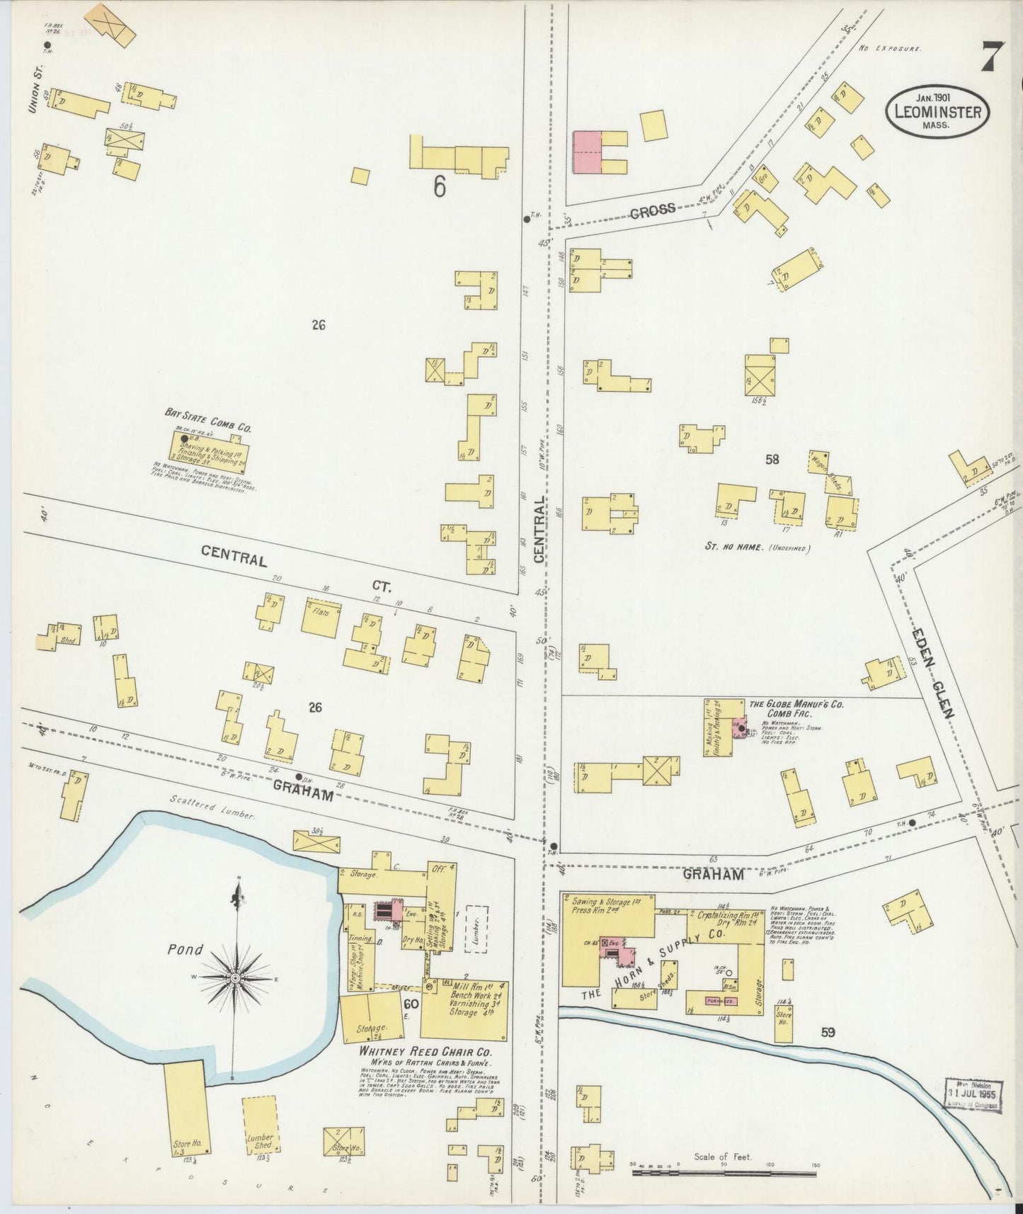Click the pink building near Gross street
pyautogui.click(x=587, y=152)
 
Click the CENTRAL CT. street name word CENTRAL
pyautogui.click(x=234, y=557)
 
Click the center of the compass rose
pyautogui.click(x=234, y=977)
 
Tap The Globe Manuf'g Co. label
pyautogui.click(x=796, y=705)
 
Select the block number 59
pyautogui.click(x=828, y=1033)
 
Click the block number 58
pyautogui.click(x=772, y=460)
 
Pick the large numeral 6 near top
pyautogui.click(x=440, y=187)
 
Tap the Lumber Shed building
pyautogui.click(x=258, y=1125)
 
